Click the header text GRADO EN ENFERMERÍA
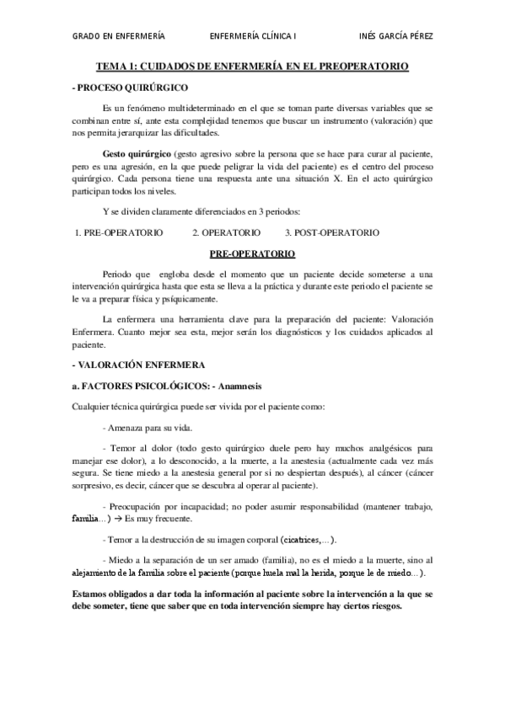(119, 37)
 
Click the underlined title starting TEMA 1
(253, 65)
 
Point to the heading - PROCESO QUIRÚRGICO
(132, 87)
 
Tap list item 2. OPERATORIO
(226, 232)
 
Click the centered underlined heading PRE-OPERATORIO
(252, 252)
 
